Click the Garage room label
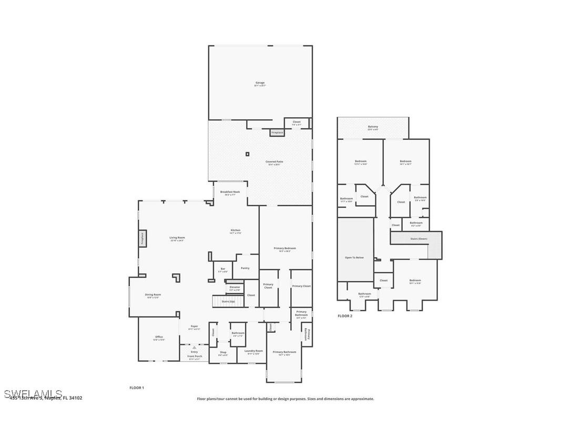tap(260, 83)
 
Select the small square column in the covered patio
tap(247, 154)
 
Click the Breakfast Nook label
tap(230, 192)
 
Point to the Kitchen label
tap(235, 231)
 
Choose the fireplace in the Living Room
tap(142, 239)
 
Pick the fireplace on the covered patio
tap(277, 133)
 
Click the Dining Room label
tap(152, 295)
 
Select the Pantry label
tap(245, 268)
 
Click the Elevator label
tap(234, 288)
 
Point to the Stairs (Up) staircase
tap(228, 301)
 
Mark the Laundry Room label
tap(253, 352)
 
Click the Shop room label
tap(223, 353)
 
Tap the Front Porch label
tap(195, 356)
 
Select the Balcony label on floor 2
tap(373, 127)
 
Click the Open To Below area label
tap(354, 258)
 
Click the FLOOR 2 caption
tap(345, 316)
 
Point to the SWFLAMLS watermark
tap(33, 394)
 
